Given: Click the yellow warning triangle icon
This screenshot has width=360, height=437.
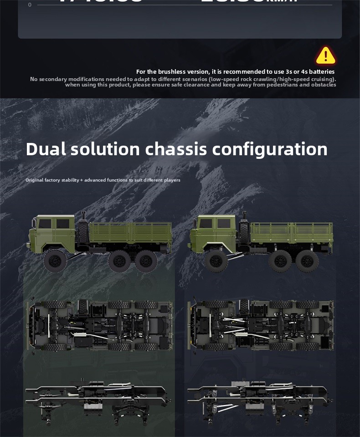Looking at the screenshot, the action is pyautogui.click(x=325, y=56).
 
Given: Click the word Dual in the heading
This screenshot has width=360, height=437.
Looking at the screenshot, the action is pyautogui.click(x=45, y=149).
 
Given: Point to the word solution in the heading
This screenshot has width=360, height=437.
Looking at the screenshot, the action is pyautogui.click(x=105, y=149).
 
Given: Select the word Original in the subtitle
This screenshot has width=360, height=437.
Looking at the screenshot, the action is pyautogui.click(x=34, y=180).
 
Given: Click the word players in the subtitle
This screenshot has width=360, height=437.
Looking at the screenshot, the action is pyautogui.click(x=172, y=180).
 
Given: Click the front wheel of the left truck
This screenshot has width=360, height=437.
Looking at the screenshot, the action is pyautogui.click(x=55, y=261).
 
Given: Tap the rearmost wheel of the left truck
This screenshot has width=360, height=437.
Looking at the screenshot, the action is pyautogui.click(x=146, y=261).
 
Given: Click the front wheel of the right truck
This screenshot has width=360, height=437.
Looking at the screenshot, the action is pyautogui.click(x=216, y=261).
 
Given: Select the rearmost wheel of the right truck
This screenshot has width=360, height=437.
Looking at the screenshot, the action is pyautogui.click(x=307, y=261).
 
